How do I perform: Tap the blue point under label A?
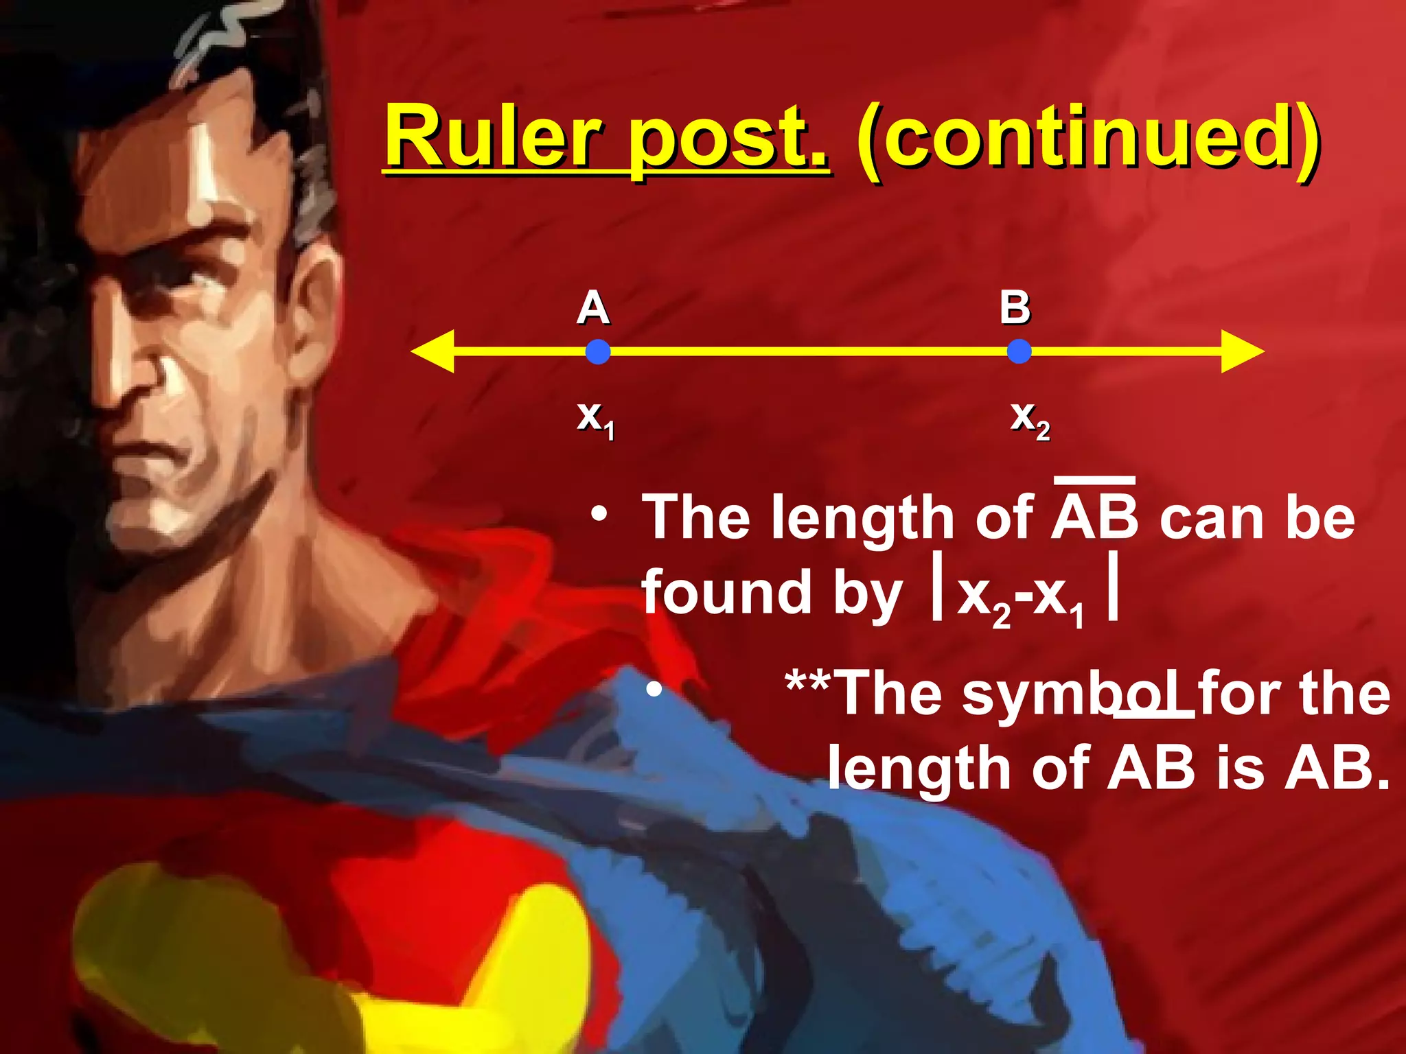click(x=598, y=352)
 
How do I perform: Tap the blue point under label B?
click(x=1019, y=352)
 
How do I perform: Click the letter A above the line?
click(x=593, y=308)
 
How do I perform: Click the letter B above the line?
click(x=1015, y=307)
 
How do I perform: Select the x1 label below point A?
click(x=595, y=419)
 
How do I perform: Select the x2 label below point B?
click(x=1030, y=419)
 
